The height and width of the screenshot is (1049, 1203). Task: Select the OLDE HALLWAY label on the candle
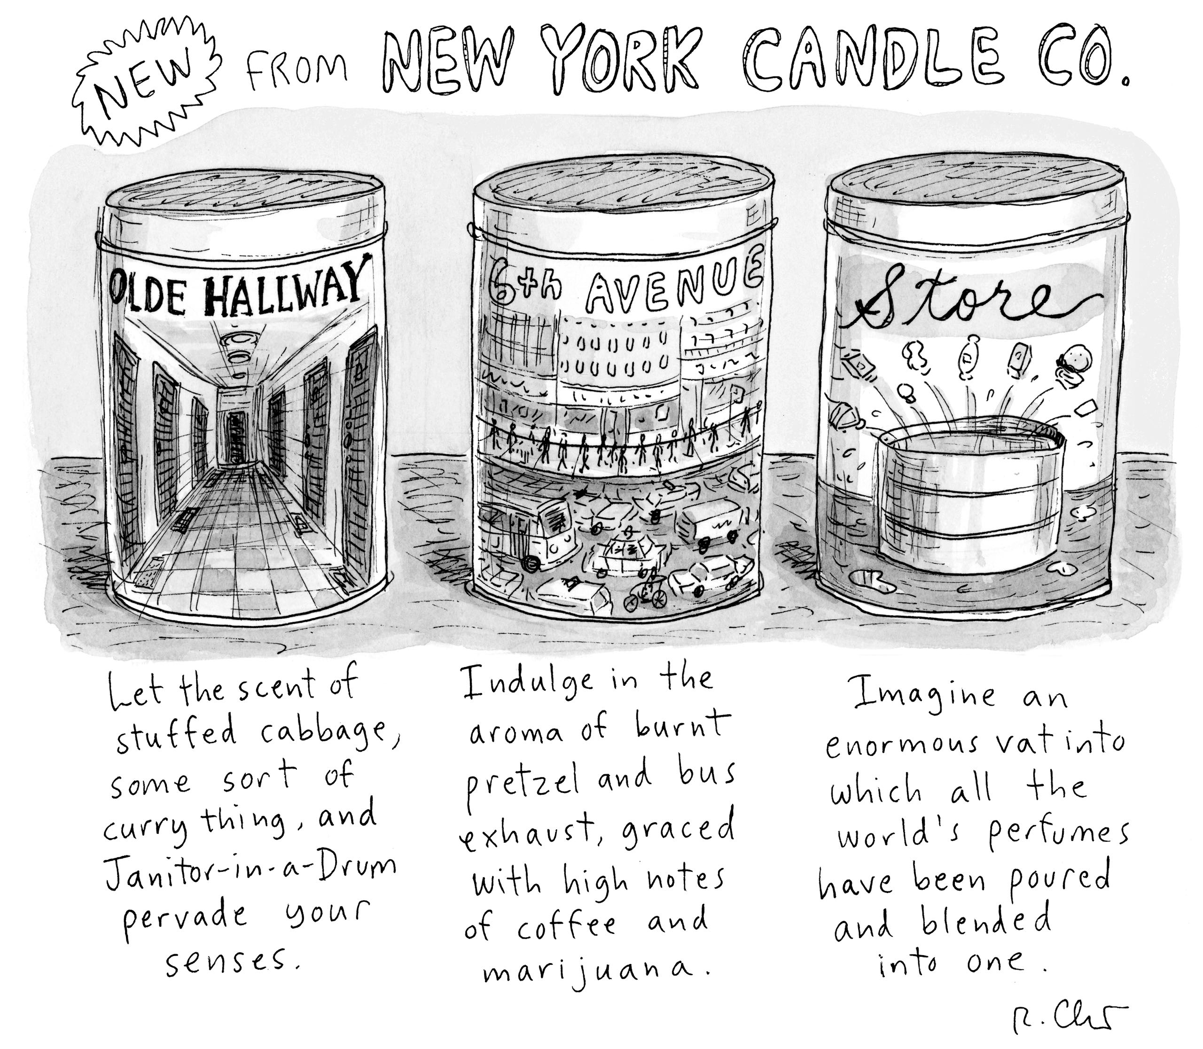pyautogui.click(x=240, y=284)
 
